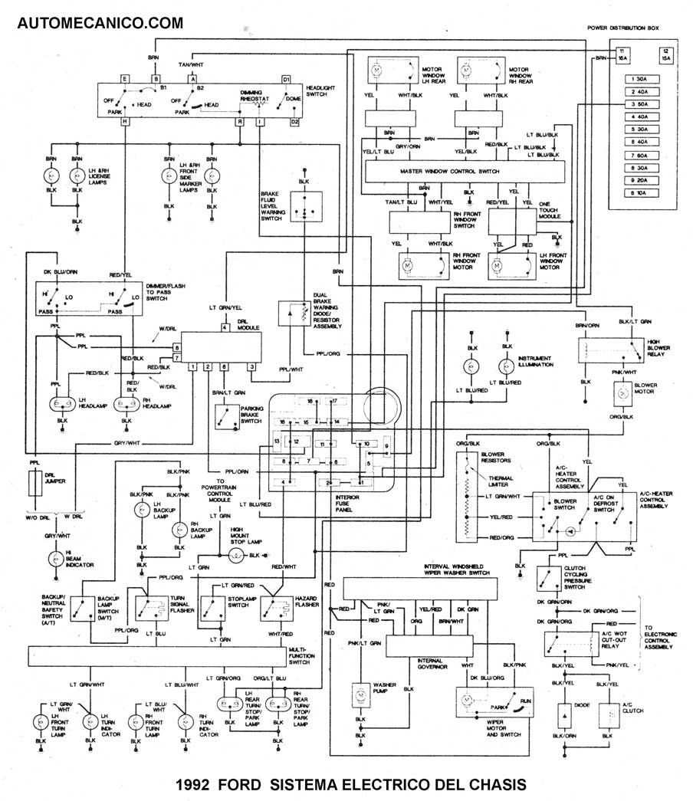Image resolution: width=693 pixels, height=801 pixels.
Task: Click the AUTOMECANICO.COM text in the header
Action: [100, 23]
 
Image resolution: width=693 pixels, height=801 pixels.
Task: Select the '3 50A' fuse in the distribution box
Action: [636, 103]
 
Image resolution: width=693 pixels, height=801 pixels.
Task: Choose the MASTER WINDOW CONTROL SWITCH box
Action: [449, 172]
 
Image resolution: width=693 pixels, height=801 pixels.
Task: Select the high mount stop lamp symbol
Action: [238, 553]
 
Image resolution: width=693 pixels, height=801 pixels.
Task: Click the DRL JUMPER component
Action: [34, 485]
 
